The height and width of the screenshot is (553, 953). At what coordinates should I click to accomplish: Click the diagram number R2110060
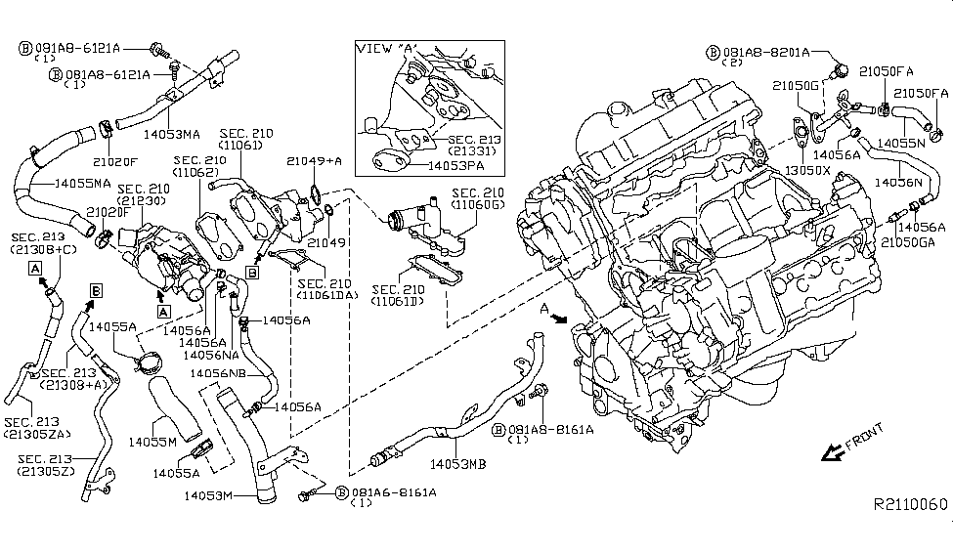pyautogui.click(x=910, y=503)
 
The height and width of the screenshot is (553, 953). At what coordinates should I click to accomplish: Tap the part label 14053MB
pyautogui.click(x=457, y=464)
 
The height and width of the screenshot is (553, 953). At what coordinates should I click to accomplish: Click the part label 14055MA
pyautogui.click(x=81, y=183)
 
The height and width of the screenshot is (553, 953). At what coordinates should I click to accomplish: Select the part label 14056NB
pyautogui.click(x=217, y=372)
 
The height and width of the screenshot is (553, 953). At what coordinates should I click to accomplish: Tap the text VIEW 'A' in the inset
pyautogui.click(x=384, y=49)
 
